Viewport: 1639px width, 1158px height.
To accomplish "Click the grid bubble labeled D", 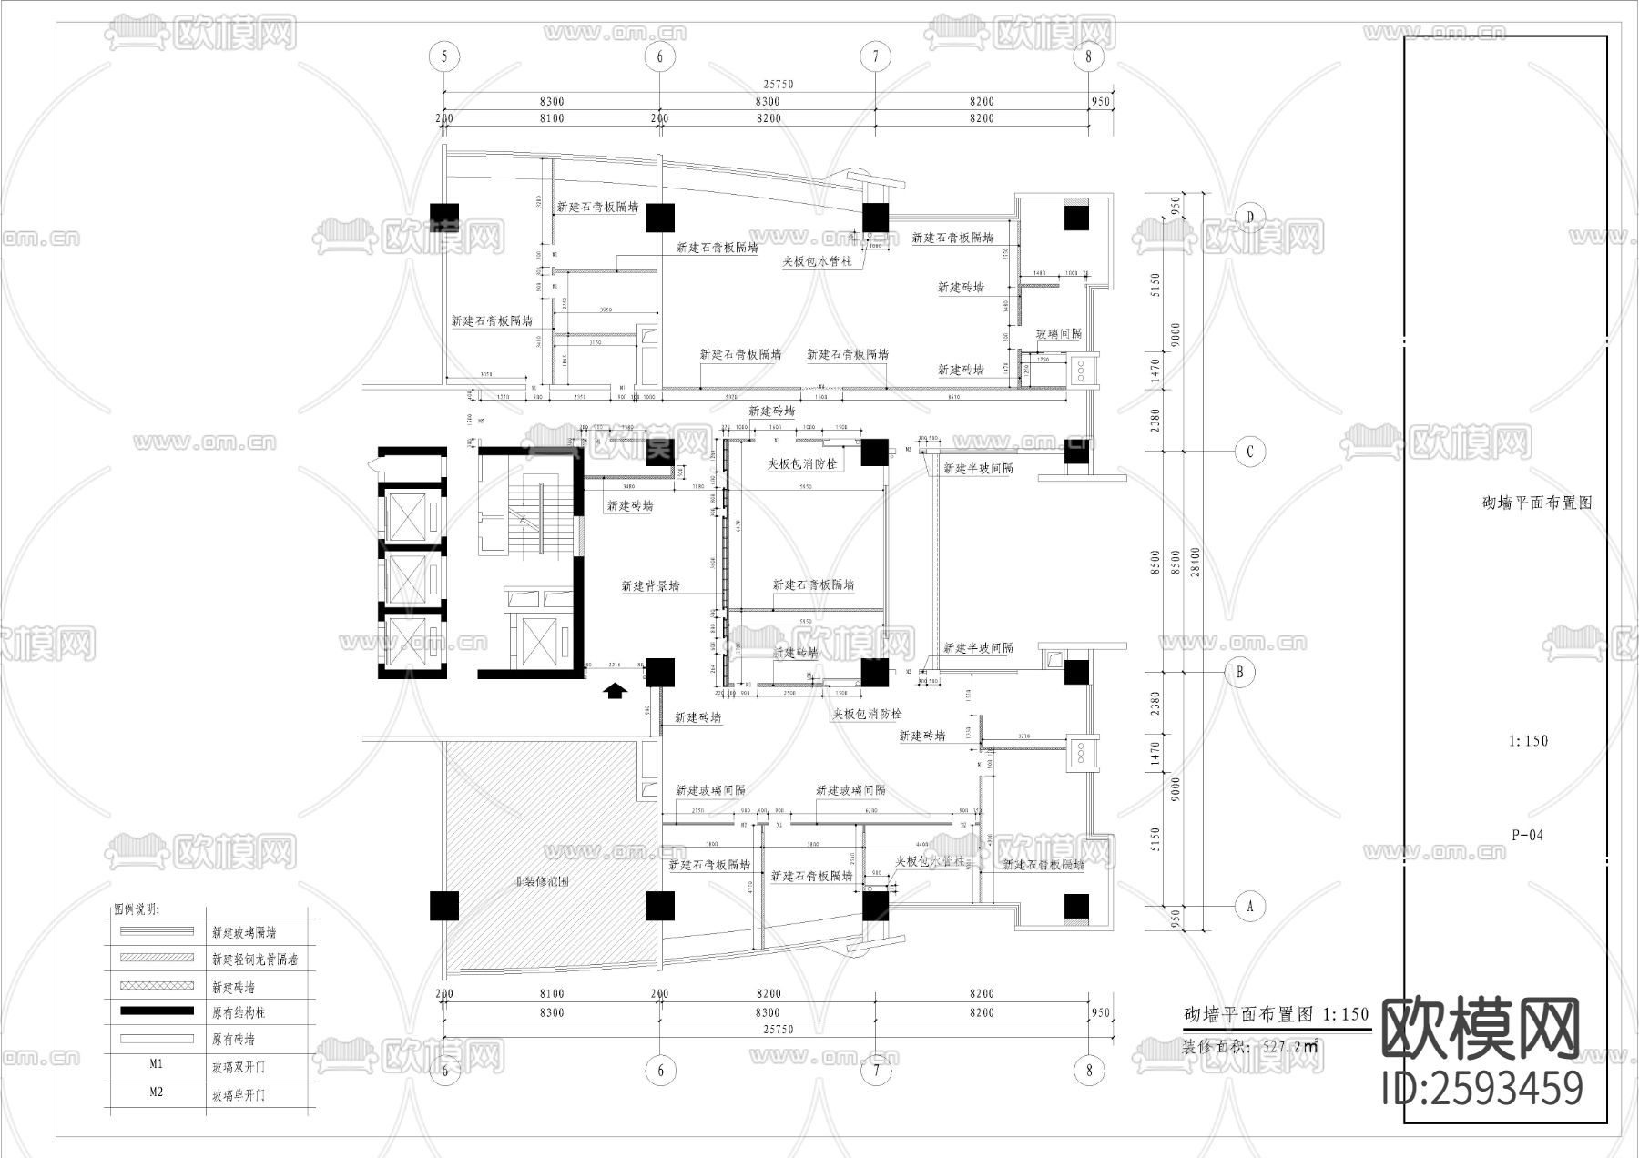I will pyautogui.click(x=1250, y=217).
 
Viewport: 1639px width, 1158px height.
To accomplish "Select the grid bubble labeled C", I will pyautogui.click(x=1250, y=452).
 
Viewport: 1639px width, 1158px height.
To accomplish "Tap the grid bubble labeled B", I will pyautogui.click(x=1238, y=673).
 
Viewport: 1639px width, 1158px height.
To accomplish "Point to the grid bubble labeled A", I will pyautogui.click(x=1250, y=906).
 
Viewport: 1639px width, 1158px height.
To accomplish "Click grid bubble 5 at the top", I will pyautogui.click(x=444, y=57).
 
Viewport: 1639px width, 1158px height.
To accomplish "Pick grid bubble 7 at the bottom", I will pyautogui.click(x=876, y=1070).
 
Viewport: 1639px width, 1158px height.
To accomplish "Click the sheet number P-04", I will pyautogui.click(x=1527, y=835).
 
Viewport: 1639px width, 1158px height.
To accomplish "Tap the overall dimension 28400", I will pyautogui.click(x=1196, y=562).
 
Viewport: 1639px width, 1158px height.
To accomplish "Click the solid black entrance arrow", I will pyautogui.click(x=616, y=691).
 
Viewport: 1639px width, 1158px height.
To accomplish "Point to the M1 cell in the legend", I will pyautogui.click(x=157, y=1064).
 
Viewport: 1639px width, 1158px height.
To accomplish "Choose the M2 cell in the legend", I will pyautogui.click(x=157, y=1092).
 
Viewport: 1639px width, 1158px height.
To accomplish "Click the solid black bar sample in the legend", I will pyautogui.click(x=152, y=1011).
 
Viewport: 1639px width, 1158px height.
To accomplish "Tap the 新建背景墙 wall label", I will pyautogui.click(x=650, y=586).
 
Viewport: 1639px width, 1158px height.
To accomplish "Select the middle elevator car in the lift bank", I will pyautogui.click(x=406, y=575).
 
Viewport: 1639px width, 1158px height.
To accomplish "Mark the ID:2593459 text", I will pyautogui.click(x=1482, y=1089).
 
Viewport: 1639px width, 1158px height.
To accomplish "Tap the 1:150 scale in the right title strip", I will pyautogui.click(x=1528, y=741).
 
